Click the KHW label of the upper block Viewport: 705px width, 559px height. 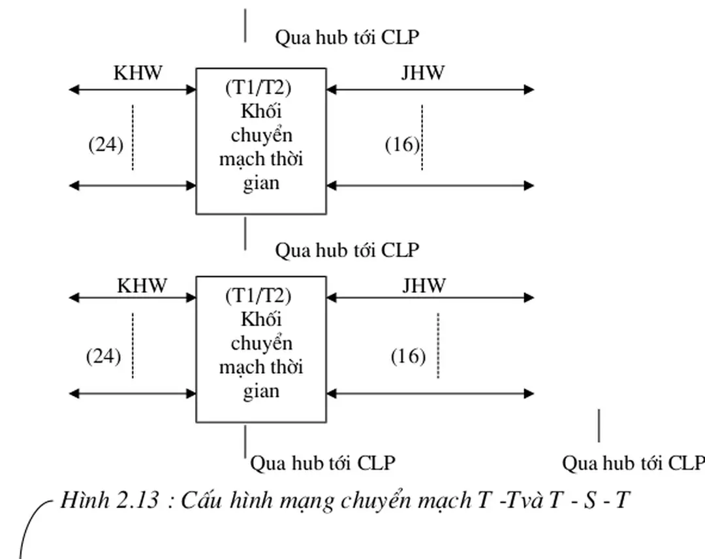coord(138,72)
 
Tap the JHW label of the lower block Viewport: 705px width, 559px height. coord(424,285)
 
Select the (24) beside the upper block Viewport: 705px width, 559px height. coord(106,144)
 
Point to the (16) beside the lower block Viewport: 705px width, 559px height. coord(408,357)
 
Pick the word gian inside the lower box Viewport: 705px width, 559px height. coord(261,391)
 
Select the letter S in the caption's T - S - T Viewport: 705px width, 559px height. coord(589,500)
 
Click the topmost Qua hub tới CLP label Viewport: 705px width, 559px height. coord(347,37)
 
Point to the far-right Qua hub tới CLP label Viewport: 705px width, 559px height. coord(633,463)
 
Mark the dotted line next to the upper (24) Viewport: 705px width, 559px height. coord(133,137)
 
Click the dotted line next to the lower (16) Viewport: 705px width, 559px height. coord(438,346)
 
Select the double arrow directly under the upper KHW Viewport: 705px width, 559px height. coord(133,90)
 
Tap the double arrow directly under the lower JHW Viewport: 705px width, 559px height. coord(430,298)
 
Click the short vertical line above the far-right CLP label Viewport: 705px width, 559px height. coord(599,426)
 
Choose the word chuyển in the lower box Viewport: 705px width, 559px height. coord(261,343)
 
